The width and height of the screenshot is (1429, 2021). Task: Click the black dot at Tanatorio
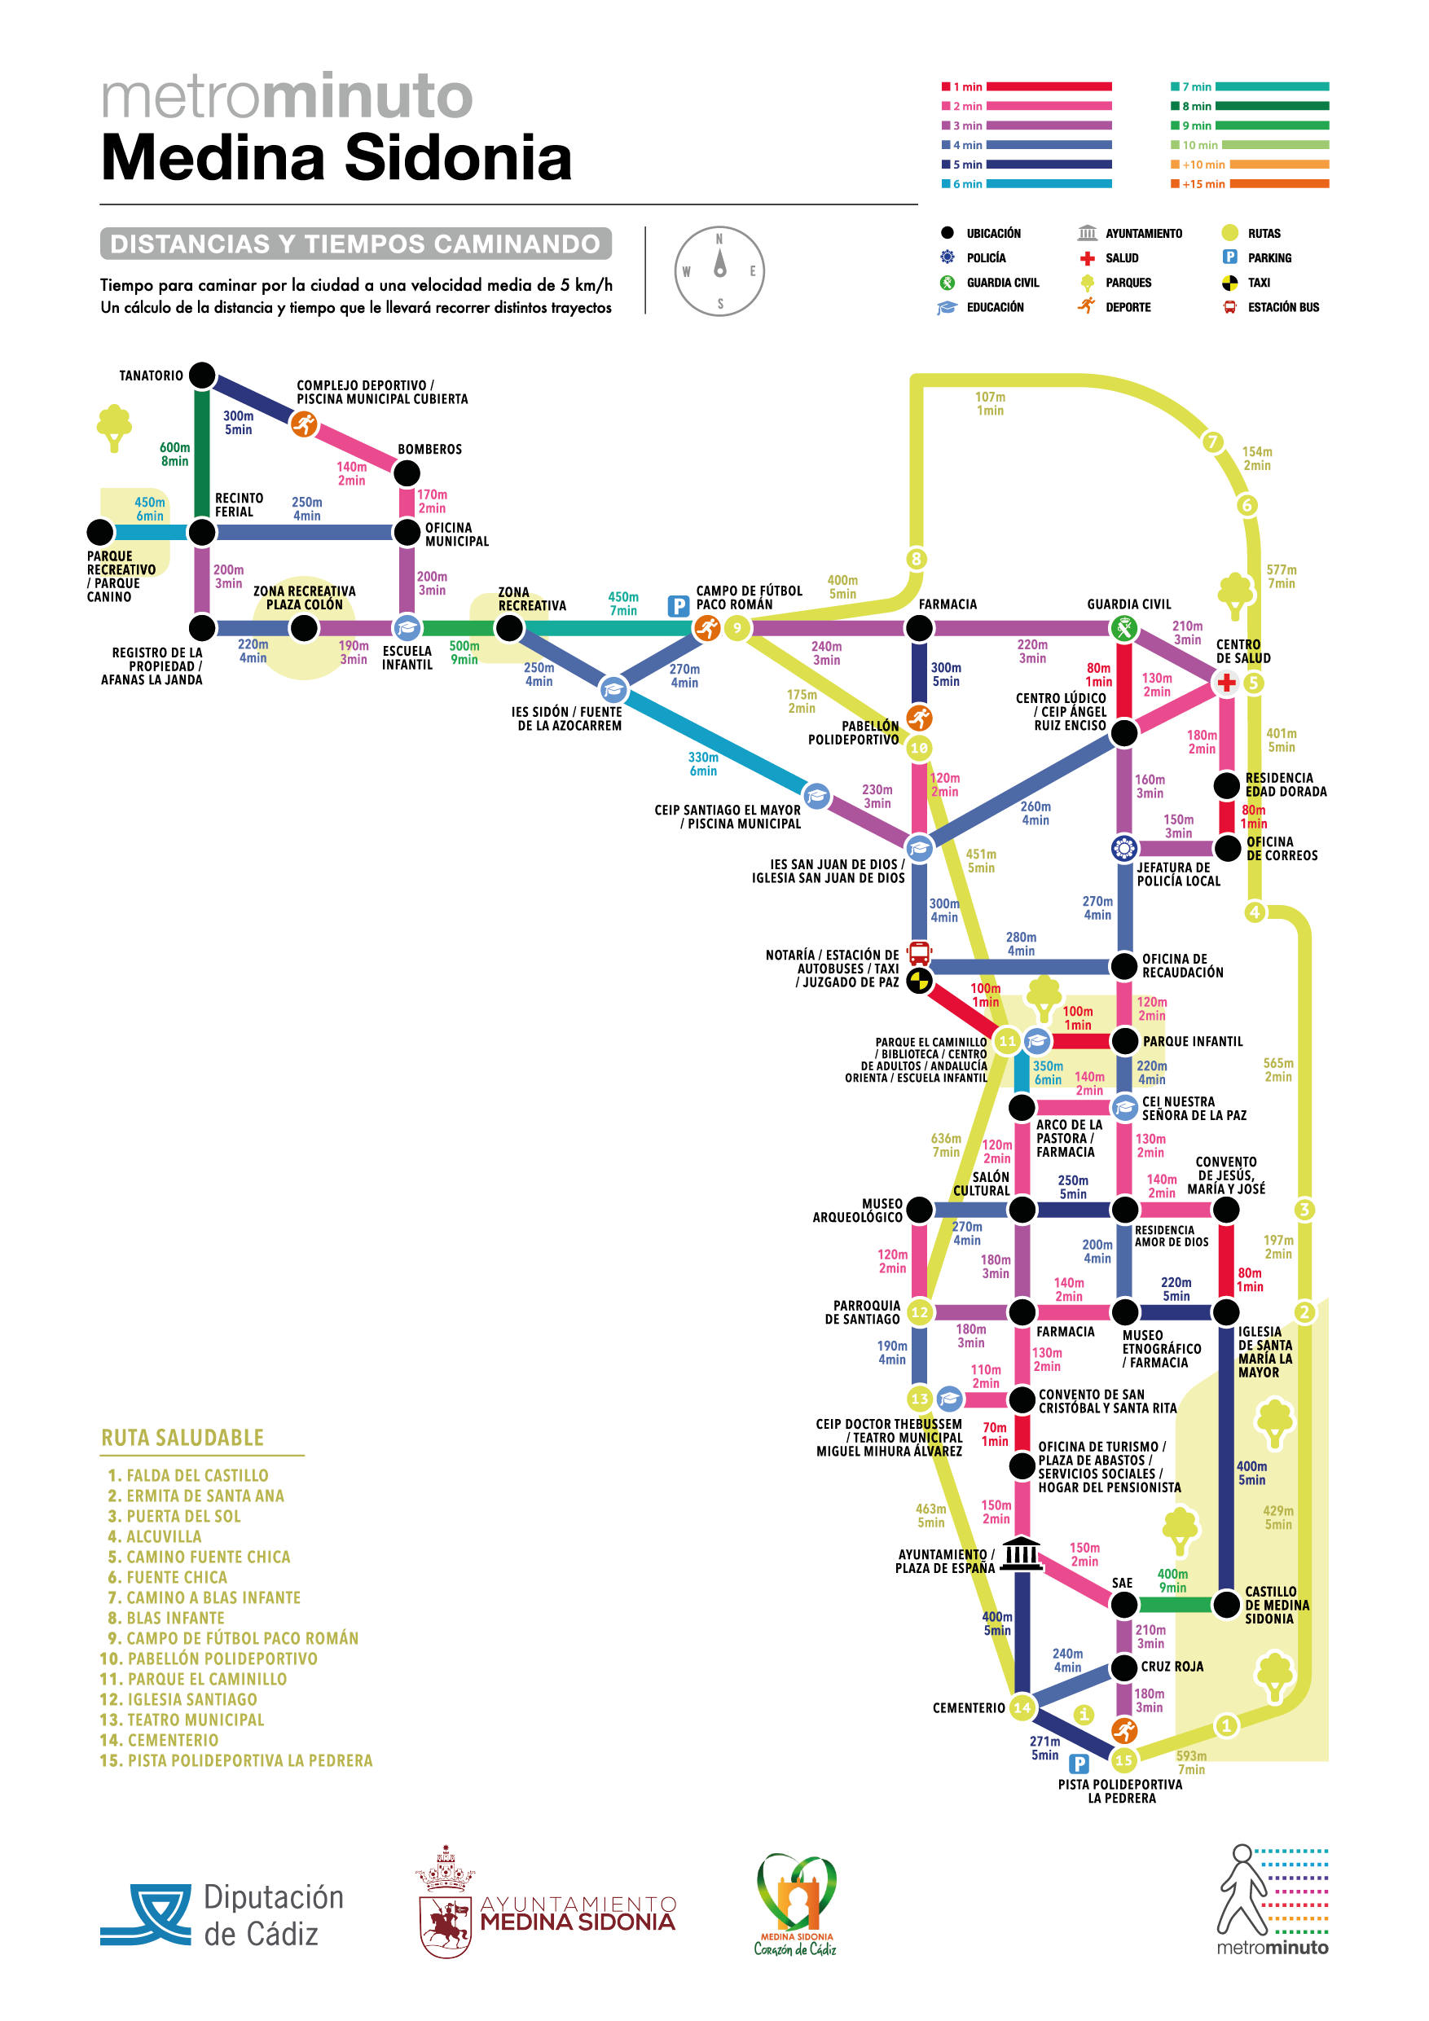pos(203,375)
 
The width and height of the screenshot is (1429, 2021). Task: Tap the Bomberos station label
pos(429,449)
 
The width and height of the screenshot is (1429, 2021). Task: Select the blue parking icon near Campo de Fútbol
pos(678,605)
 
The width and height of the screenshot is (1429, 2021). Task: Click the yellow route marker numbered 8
pos(917,559)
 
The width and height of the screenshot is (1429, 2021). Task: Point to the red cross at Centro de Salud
pos(1226,682)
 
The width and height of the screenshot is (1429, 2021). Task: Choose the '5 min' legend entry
pos(1027,165)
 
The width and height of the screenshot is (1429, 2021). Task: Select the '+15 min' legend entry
pos(1250,184)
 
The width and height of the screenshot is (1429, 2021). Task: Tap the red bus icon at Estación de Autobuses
pos(919,953)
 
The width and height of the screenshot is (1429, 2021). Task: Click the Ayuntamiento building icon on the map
pos(1022,1553)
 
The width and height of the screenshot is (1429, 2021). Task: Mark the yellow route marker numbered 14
pos(1022,1707)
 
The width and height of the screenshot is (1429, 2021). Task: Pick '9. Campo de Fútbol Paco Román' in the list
pos(233,1638)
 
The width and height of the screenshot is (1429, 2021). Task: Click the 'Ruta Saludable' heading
pos(182,1438)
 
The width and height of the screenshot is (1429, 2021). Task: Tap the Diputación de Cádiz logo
pos(222,1915)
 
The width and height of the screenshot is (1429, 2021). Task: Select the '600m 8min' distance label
pos(174,455)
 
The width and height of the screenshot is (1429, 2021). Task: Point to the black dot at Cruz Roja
pos(1124,1667)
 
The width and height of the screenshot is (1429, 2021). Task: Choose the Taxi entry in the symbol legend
pos(1246,283)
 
